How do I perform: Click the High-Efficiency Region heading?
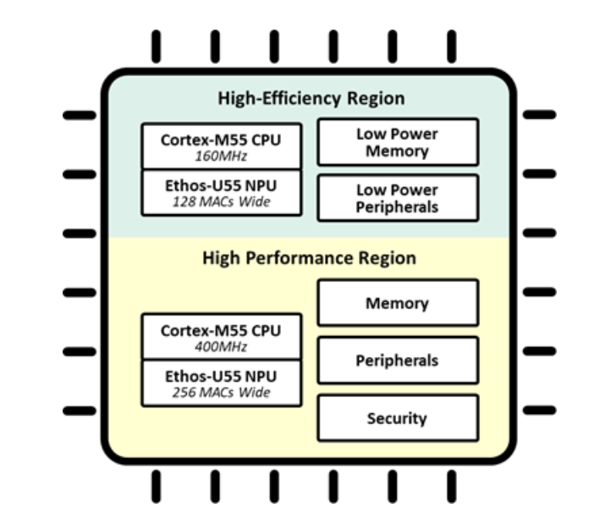point(311,98)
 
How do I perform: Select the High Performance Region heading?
point(309,258)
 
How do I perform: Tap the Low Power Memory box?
point(397,142)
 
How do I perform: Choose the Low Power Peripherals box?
point(397,198)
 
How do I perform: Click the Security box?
point(397,417)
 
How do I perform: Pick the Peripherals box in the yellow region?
point(397,360)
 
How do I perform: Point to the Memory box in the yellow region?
point(397,302)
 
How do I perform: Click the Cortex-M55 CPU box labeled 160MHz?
point(220,146)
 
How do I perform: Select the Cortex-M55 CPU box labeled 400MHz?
point(220,336)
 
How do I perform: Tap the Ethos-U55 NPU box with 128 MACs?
point(220,192)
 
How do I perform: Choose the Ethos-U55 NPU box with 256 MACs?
point(220,383)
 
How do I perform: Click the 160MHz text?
point(220,156)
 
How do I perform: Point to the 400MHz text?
point(220,346)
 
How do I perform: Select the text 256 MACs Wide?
point(220,392)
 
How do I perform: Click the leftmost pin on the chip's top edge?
point(156,47)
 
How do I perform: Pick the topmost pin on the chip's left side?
point(80,114)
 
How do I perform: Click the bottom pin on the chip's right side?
point(539,411)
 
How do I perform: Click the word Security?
point(397,418)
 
